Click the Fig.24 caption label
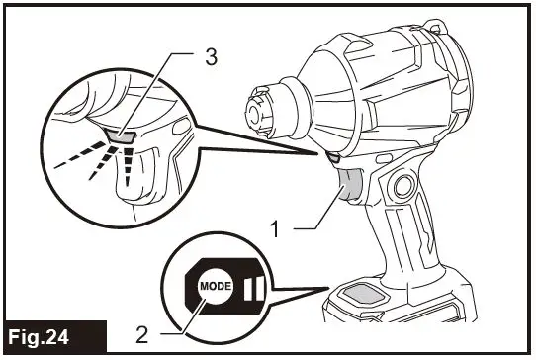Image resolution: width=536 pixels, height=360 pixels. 54,337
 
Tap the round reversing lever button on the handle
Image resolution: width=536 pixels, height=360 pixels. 402,185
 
